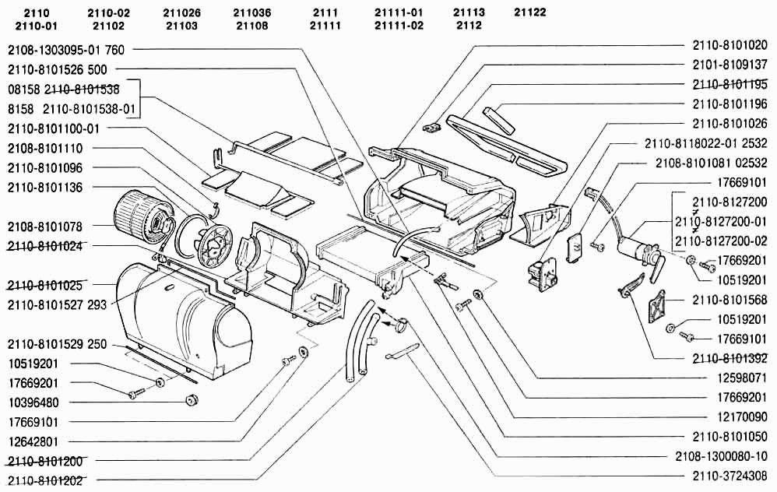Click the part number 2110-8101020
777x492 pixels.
click(730, 45)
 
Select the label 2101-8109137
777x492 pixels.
click(730, 65)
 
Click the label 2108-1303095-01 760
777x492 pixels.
click(65, 50)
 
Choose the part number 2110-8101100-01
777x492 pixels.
click(54, 128)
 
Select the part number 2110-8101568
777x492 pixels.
click(730, 299)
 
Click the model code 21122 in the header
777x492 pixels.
click(529, 12)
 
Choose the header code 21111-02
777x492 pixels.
click(399, 26)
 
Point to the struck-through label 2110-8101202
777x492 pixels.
click(45, 480)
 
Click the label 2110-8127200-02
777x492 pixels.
click(720, 240)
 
